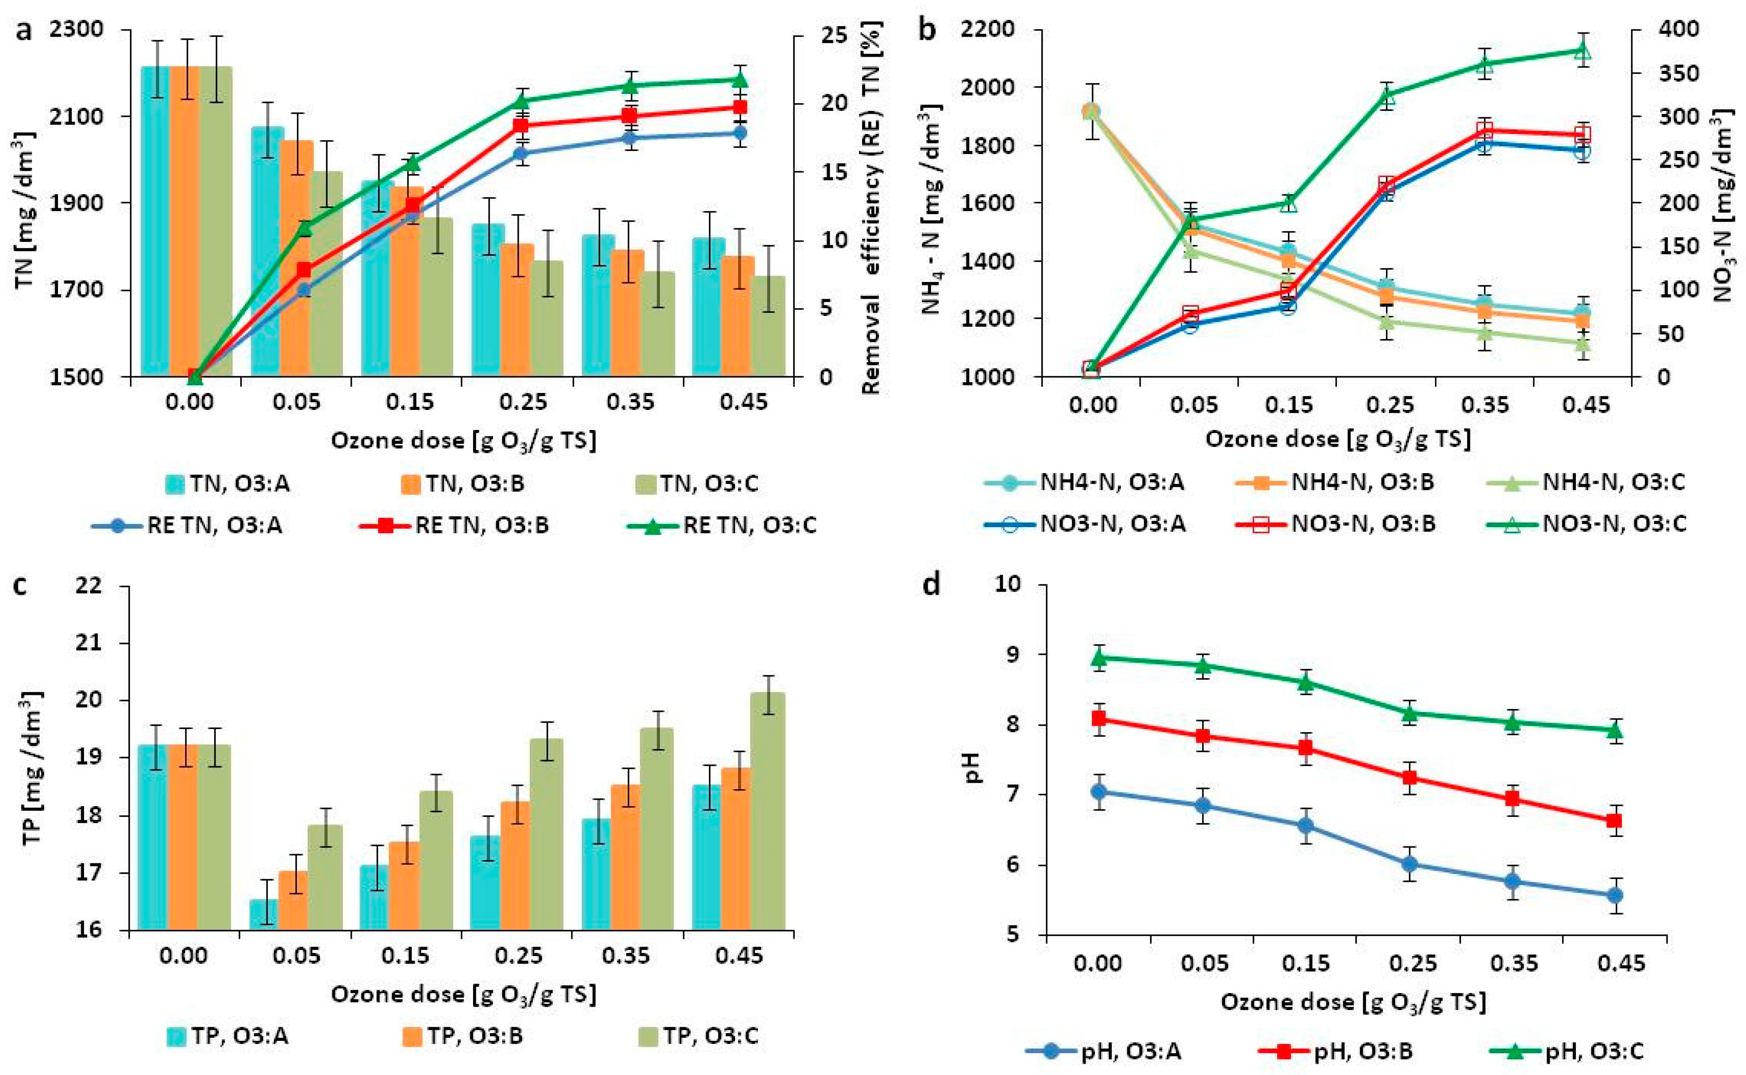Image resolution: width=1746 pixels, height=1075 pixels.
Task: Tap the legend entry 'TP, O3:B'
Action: click(x=475, y=1035)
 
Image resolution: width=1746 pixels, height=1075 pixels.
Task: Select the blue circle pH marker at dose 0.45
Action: click(x=1615, y=895)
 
